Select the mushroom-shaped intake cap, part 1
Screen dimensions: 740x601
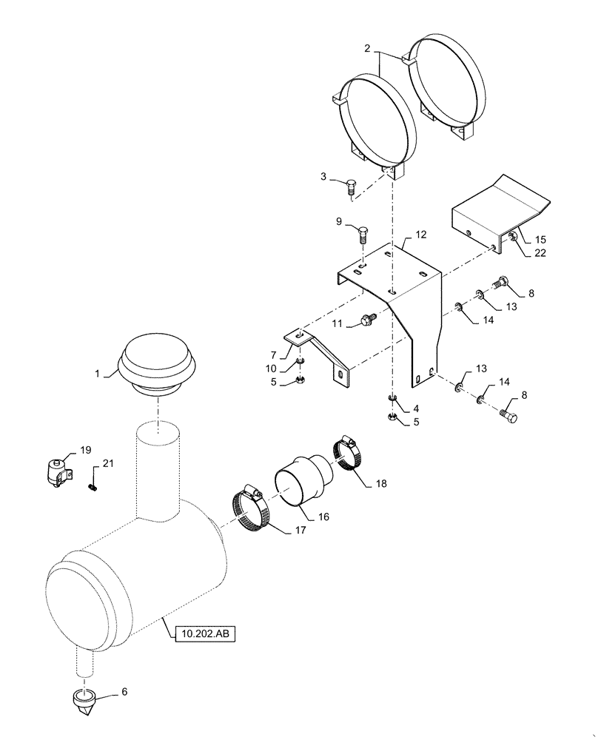(x=156, y=364)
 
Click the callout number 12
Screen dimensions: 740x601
(x=420, y=235)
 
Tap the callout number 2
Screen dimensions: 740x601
(x=367, y=49)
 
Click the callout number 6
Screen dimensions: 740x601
(x=124, y=692)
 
